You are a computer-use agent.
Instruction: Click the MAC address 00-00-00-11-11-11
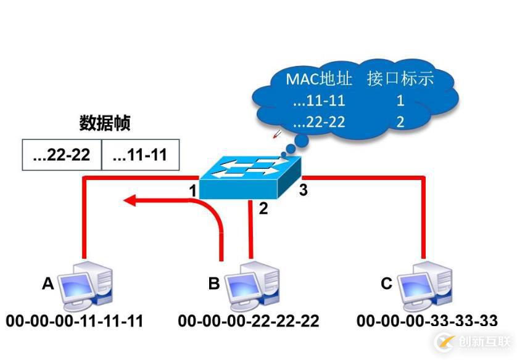point(75,321)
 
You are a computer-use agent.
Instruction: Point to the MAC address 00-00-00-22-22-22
point(249,321)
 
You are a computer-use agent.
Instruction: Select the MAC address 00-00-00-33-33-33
point(427,321)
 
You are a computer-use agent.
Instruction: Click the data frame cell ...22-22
point(61,155)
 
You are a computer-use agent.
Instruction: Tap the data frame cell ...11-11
point(140,155)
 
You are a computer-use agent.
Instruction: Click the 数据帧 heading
point(105,123)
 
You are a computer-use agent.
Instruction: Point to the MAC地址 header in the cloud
point(319,79)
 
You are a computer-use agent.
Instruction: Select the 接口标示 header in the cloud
point(400,79)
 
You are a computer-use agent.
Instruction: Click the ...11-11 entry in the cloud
point(319,101)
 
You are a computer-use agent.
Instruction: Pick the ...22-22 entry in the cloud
point(319,122)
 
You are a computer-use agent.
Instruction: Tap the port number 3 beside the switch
point(303,190)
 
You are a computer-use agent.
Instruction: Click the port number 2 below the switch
point(263,209)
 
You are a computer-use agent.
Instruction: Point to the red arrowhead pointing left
point(130,200)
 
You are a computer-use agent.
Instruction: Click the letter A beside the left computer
point(48,284)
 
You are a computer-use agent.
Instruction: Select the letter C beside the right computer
point(386,284)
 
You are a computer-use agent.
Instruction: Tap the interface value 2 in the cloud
point(400,122)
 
